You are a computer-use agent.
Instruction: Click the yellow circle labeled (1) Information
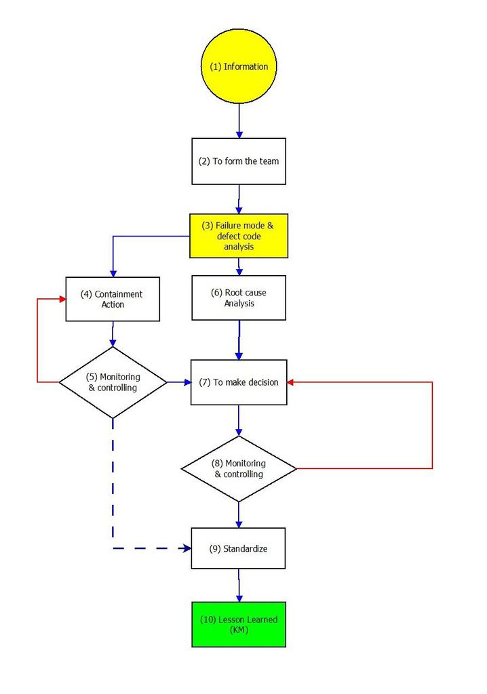(238, 66)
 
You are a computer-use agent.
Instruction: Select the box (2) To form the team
(238, 161)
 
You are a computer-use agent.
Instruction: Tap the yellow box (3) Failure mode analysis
(238, 236)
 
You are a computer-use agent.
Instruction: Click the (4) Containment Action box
(113, 299)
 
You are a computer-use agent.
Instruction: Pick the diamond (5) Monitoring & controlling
(113, 382)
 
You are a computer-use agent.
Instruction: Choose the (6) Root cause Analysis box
(239, 298)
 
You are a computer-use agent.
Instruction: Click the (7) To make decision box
(239, 382)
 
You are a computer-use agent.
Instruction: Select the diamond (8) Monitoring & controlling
(239, 468)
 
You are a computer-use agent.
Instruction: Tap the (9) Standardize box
(238, 548)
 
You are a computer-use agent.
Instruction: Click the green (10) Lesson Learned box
(238, 624)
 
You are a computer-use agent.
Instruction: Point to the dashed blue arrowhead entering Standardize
(187, 548)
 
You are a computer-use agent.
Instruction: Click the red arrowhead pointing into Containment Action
(62, 299)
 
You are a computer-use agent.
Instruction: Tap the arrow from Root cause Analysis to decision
(239, 340)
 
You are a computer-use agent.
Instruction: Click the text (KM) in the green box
(238, 630)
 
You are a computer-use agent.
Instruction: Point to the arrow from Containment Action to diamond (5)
(113, 334)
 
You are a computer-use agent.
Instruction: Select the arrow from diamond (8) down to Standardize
(239, 515)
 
